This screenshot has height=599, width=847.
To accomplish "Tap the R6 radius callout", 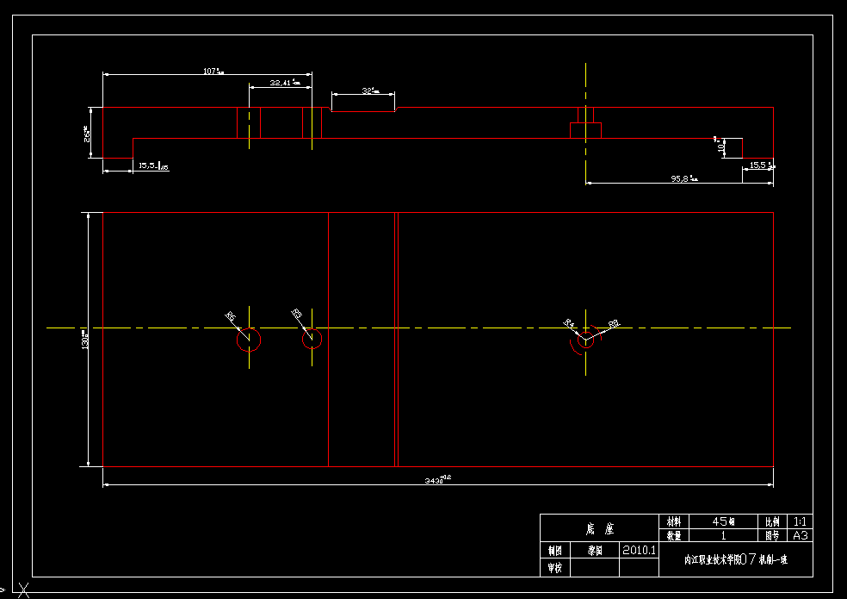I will [230, 316].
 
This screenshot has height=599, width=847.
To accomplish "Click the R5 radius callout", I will [296, 314].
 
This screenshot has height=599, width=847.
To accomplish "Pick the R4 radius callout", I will [569, 323].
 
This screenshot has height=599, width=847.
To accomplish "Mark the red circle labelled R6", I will [249, 340].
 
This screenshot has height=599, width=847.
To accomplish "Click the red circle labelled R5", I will [312, 339].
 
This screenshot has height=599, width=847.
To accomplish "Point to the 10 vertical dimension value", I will [721, 147].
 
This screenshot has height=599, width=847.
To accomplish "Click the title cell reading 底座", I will [598, 527].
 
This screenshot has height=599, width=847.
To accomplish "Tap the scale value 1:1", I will [801, 521].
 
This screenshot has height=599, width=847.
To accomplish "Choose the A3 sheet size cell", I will [801, 535].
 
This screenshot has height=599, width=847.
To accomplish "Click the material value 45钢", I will [723, 521].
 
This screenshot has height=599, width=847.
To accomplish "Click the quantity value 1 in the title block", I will [723, 535].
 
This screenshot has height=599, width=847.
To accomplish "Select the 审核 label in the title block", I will [554, 568].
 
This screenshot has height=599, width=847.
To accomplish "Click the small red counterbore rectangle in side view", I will [585, 130].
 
